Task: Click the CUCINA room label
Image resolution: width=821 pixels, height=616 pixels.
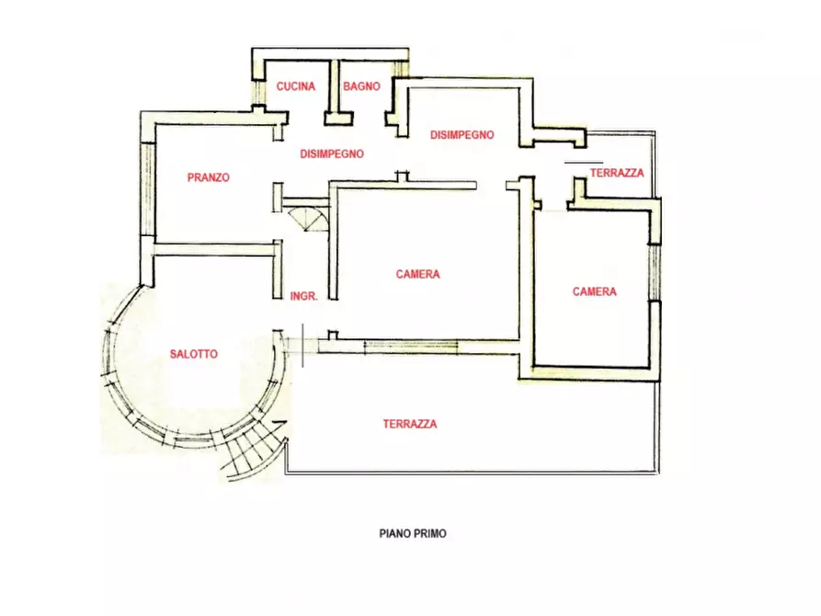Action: [296, 86]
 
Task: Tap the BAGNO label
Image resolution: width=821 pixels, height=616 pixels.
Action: [361, 86]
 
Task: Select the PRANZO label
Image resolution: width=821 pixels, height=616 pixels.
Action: [209, 177]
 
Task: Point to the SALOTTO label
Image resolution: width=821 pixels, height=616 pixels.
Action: [194, 354]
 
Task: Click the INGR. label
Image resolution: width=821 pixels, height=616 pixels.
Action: [303, 296]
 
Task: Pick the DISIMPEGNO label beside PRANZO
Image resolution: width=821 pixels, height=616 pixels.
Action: [332, 154]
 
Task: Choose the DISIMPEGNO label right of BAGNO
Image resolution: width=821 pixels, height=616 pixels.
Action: [462, 135]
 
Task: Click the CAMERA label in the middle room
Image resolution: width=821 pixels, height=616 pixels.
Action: [417, 274]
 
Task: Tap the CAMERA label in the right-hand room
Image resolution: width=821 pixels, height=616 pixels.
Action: [594, 291]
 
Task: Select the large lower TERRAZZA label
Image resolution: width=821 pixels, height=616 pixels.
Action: [410, 424]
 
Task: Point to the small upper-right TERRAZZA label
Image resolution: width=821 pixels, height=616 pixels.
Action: [617, 173]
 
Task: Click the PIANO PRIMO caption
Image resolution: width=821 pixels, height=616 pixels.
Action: [413, 534]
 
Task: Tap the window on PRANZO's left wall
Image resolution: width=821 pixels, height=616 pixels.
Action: [149, 189]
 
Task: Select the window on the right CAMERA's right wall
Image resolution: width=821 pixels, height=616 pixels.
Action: [655, 272]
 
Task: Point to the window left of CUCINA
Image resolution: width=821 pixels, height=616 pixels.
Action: [258, 91]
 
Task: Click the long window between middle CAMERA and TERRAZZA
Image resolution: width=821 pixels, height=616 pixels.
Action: [411, 345]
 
